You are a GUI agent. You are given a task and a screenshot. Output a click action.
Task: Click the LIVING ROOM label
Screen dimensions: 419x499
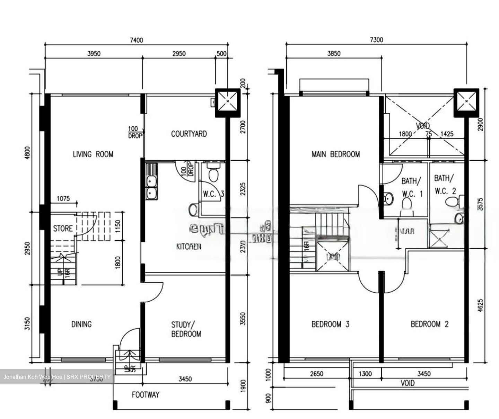click(x=93, y=154)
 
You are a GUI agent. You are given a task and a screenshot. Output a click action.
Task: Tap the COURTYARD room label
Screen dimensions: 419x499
click(x=189, y=134)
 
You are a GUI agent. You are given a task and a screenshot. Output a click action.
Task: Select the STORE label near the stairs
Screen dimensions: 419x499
click(x=63, y=229)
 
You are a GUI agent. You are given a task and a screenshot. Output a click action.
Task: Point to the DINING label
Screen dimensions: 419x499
click(x=81, y=324)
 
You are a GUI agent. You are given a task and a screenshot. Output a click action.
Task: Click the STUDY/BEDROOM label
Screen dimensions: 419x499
click(x=186, y=329)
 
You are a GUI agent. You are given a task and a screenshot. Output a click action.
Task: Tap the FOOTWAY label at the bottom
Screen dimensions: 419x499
click(x=146, y=394)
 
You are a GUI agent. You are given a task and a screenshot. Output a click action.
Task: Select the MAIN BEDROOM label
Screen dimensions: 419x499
click(x=335, y=154)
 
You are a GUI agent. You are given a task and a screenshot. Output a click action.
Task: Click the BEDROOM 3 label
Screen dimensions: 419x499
click(x=330, y=324)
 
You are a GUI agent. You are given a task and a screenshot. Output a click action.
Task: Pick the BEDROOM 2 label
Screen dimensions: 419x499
click(x=430, y=324)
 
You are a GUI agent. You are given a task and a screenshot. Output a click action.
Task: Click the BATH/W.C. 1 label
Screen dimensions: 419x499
click(x=412, y=187)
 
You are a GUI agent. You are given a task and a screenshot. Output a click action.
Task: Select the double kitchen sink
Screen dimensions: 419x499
click(x=151, y=187)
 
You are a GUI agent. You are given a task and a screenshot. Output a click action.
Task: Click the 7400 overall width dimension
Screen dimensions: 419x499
click(x=136, y=40)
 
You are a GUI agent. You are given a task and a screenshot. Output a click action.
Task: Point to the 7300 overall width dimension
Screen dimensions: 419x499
click(x=376, y=39)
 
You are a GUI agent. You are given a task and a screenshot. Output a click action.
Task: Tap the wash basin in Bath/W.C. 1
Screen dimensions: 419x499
click(x=388, y=198)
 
